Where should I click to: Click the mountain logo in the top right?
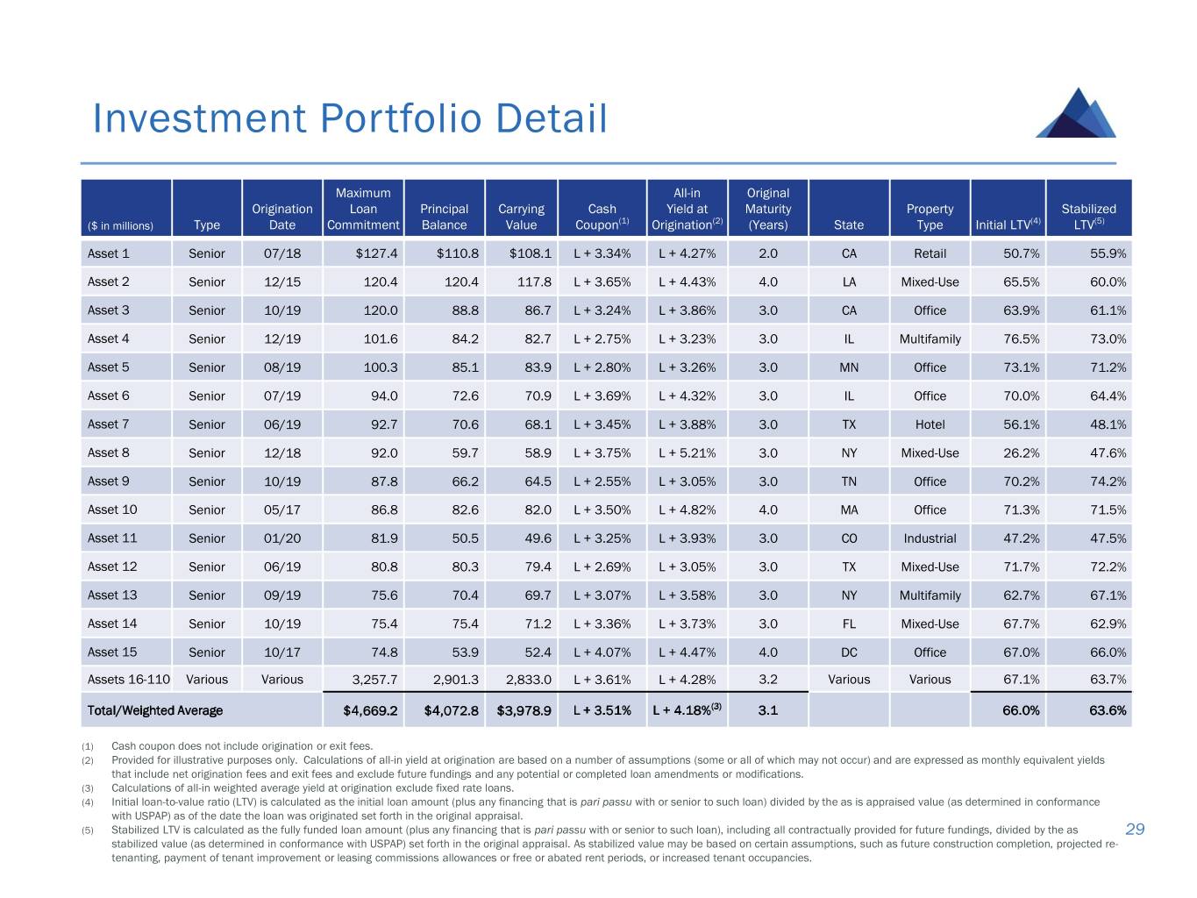[x=1077, y=113]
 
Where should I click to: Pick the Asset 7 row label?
[x=109, y=424]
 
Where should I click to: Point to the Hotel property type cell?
[x=930, y=424]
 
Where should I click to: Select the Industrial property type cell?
[x=930, y=538]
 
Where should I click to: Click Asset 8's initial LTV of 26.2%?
[x=1021, y=453]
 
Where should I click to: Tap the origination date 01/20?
[x=282, y=538]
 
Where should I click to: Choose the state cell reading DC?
[x=849, y=652]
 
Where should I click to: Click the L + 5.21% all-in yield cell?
[x=687, y=453]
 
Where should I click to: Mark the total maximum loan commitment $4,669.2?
[x=370, y=710]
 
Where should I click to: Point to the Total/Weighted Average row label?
[x=155, y=710]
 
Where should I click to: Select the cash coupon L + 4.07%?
[x=602, y=652]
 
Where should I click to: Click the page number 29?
[x=1135, y=830]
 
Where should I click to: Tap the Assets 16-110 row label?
[x=129, y=680]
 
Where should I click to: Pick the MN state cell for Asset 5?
[x=849, y=367]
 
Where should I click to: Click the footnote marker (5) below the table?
[x=88, y=830]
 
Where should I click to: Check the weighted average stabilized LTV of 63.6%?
[x=1108, y=710]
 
